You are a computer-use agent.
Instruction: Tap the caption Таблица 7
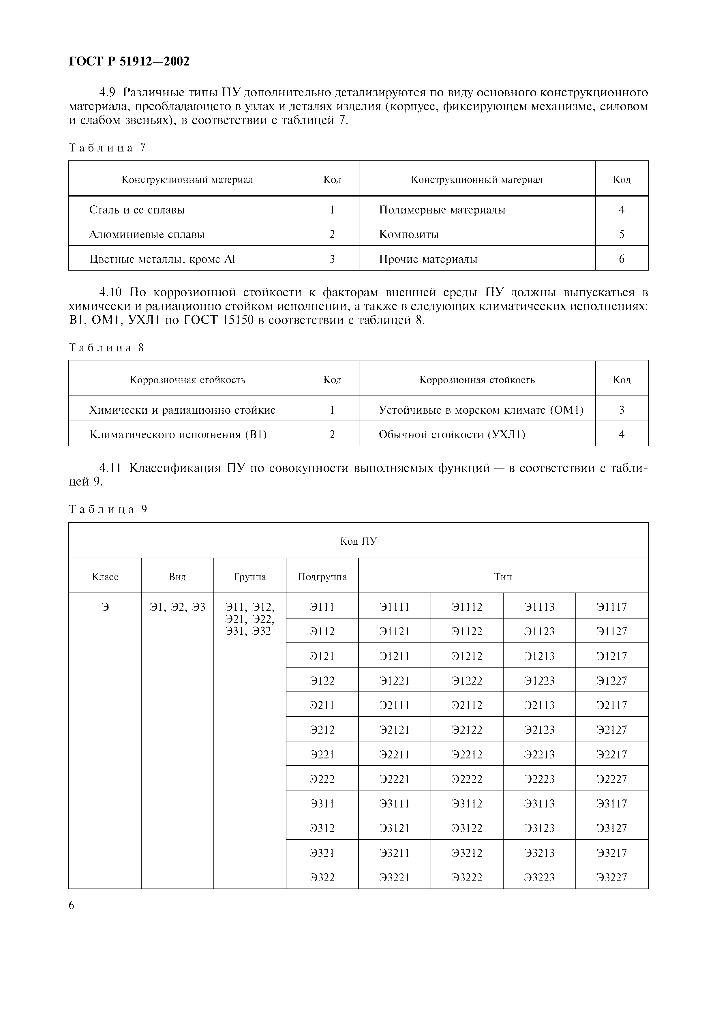point(107,148)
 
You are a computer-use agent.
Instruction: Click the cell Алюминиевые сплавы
point(147,235)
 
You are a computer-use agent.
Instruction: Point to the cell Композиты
point(408,235)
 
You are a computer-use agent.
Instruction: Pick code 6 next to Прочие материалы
point(621,259)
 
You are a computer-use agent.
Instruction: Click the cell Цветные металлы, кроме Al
point(162,259)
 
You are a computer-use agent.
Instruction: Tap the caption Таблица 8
point(107,348)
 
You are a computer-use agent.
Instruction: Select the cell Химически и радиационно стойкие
point(182,410)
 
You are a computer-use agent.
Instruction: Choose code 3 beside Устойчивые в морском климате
point(621,410)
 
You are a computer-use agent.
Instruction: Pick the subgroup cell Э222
point(322,779)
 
